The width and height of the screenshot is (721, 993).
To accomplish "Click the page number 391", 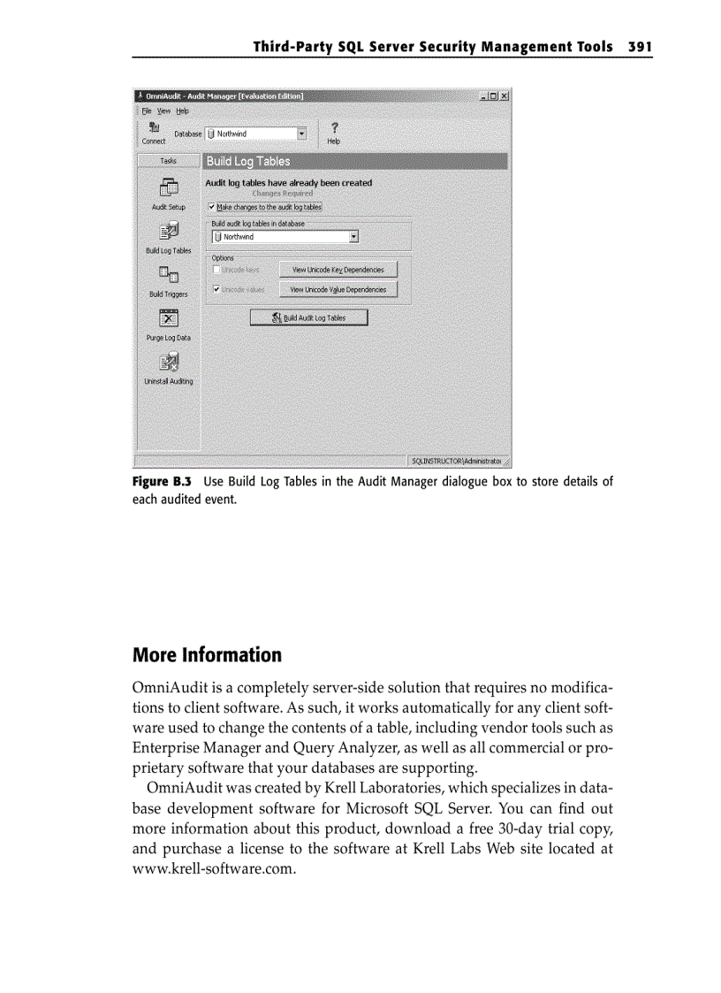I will (639, 46).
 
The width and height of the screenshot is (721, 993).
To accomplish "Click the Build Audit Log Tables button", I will (308, 317).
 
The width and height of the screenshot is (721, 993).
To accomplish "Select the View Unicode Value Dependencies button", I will (338, 289).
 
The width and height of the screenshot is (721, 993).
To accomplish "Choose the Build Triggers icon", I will (168, 276).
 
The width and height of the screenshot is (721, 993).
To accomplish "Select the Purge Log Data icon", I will (168, 318).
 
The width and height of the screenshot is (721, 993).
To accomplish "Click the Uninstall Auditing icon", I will (168, 363).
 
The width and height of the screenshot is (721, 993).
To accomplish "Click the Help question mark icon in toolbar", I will (333, 127).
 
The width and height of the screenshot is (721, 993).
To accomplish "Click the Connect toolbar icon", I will (154, 127).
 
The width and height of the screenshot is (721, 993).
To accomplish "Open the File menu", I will (146, 111).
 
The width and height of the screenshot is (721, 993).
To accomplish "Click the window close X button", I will (504, 95).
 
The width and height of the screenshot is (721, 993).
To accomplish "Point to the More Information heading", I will (207, 655).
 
